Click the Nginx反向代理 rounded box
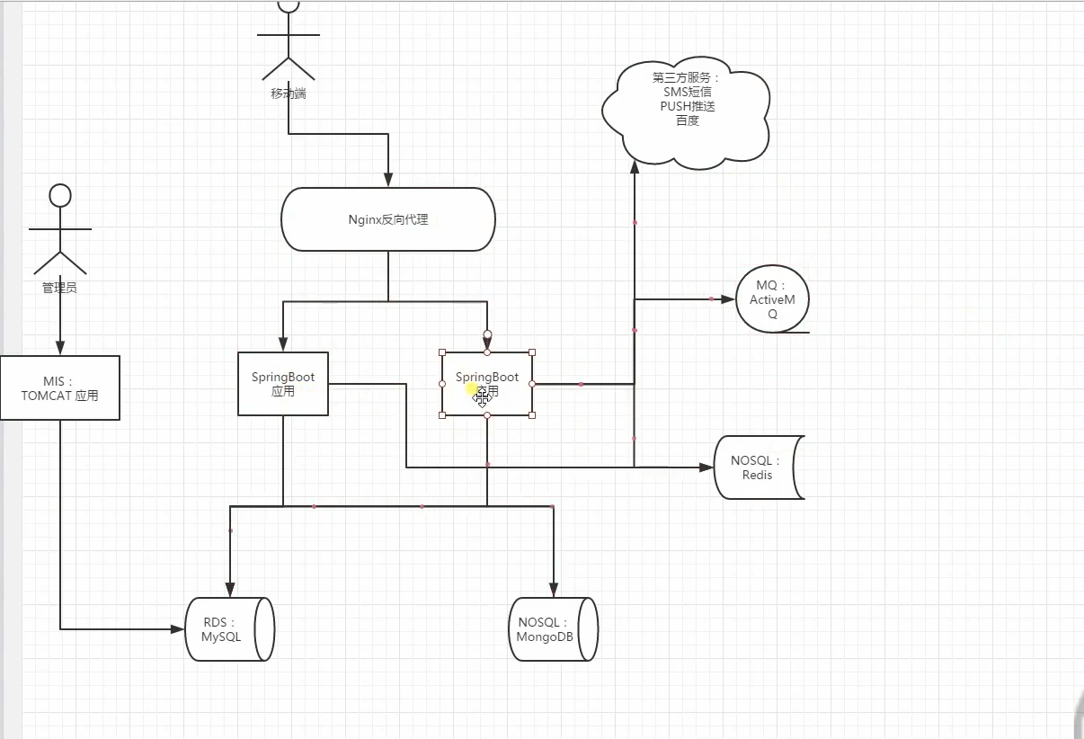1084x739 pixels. click(x=388, y=219)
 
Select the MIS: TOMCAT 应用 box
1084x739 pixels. click(x=60, y=387)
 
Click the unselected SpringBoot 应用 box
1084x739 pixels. click(x=283, y=384)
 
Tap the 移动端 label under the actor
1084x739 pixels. click(x=289, y=93)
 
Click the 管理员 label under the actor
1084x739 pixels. click(x=60, y=288)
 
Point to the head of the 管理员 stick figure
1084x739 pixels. click(x=60, y=195)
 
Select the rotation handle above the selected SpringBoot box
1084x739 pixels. click(x=487, y=334)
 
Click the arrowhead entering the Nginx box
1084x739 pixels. click(x=388, y=181)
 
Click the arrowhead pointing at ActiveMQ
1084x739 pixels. click(x=728, y=298)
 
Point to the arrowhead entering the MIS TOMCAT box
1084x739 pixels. click(x=60, y=349)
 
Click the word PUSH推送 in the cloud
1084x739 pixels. click(x=687, y=106)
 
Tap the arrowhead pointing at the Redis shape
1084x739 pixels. click(x=706, y=467)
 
